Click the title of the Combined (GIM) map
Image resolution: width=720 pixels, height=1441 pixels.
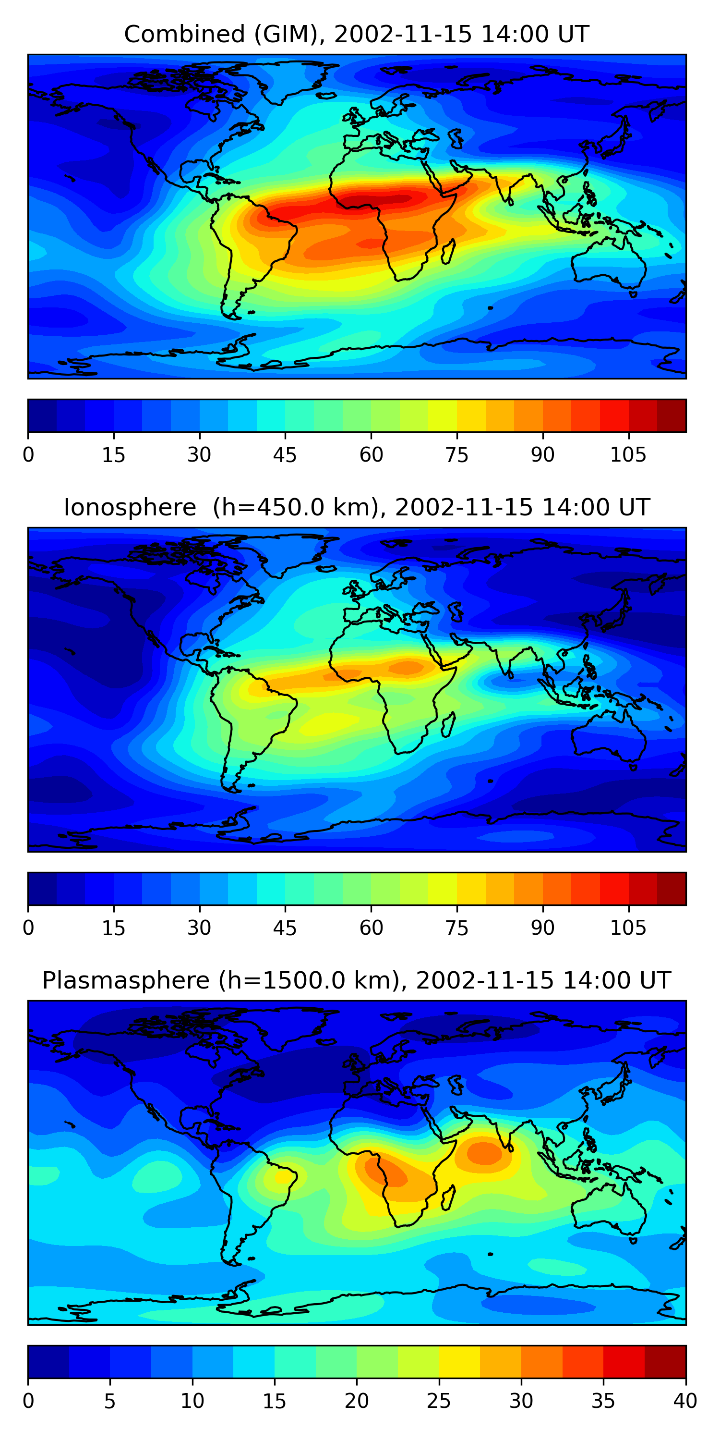[356, 35]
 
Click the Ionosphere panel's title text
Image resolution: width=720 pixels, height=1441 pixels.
[356, 508]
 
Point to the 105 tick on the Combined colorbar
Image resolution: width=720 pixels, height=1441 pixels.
[628, 455]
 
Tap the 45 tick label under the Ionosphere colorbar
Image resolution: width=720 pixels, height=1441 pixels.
[285, 928]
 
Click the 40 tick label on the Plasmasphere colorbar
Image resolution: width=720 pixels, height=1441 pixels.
[685, 1401]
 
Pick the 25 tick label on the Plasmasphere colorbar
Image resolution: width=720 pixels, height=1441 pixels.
[438, 1401]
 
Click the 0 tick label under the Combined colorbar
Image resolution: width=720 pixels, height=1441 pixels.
[28, 455]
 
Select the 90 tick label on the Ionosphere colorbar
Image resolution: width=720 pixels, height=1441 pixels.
[542, 928]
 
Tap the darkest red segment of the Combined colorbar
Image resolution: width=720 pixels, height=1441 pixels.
[672, 415]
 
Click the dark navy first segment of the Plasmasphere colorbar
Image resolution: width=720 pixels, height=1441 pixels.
[48, 1362]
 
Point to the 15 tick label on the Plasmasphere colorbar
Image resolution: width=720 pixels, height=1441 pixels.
[274, 1401]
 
